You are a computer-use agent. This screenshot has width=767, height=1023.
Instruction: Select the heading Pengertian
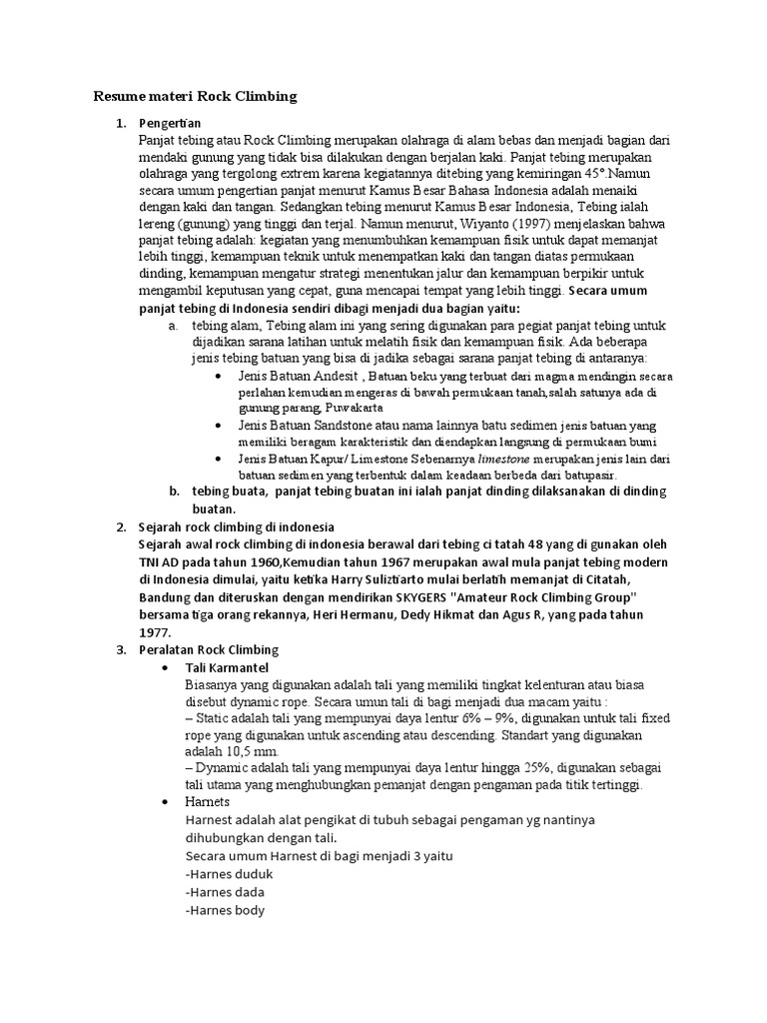click(171, 123)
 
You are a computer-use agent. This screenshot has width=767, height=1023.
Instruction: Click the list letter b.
click(174, 491)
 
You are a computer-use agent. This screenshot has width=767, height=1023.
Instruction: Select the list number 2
click(120, 525)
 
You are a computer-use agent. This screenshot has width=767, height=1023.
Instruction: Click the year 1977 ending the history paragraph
click(155, 631)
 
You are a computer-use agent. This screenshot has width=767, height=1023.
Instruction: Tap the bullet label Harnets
click(208, 801)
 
